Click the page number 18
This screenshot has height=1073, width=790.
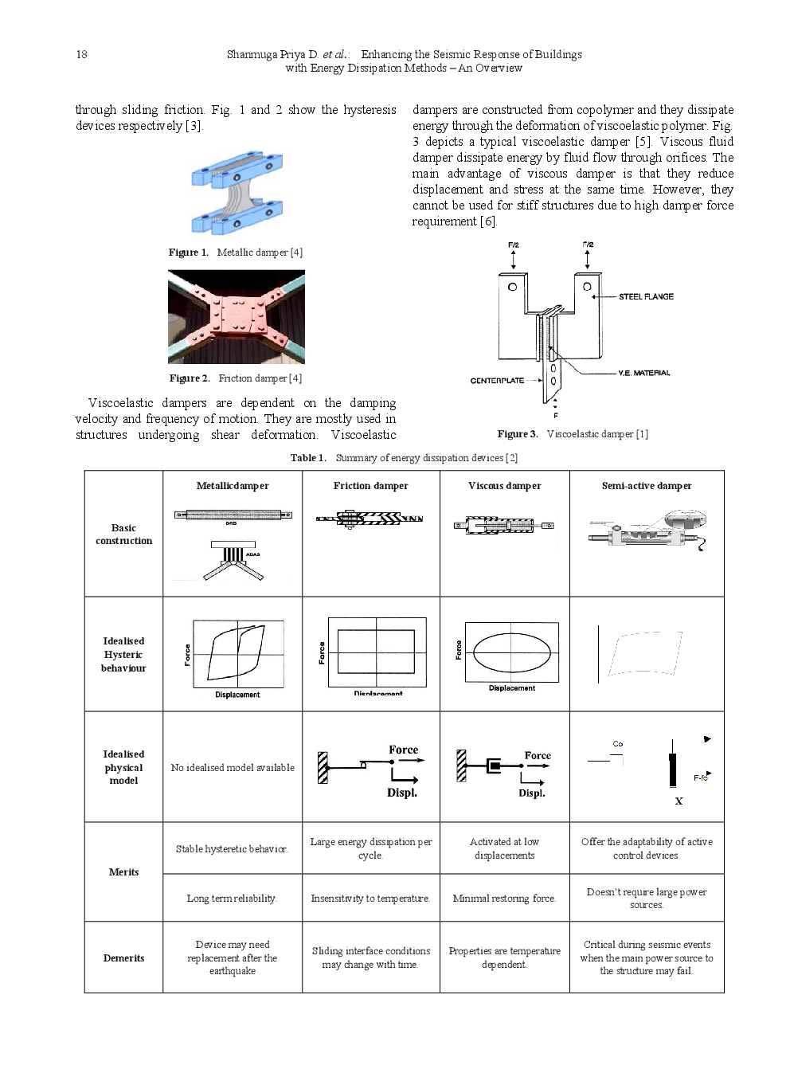coord(81,55)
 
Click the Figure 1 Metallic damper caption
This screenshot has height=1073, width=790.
coord(235,253)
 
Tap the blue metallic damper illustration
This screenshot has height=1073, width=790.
coord(237,193)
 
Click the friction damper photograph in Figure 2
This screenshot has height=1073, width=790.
coord(236,316)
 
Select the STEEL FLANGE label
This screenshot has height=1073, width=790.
coord(646,296)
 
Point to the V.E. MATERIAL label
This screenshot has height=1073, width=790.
coord(643,373)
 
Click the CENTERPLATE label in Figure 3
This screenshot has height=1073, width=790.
coord(497,381)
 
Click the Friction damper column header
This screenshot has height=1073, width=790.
coord(370,486)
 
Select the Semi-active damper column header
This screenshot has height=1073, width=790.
coord(646,486)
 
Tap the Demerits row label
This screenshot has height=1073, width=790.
coord(123,958)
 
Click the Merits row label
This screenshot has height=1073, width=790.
coord(123,872)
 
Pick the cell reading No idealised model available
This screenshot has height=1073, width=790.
coord(232,768)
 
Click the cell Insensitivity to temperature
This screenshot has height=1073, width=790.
coord(370,899)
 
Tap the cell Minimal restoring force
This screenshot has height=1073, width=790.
coord(504,899)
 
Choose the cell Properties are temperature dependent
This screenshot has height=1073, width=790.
coord(504,957)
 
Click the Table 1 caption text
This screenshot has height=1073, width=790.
coord(404,458)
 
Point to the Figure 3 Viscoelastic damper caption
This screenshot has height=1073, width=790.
coord(573,434)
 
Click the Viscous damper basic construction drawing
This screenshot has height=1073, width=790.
coord(503,526)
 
